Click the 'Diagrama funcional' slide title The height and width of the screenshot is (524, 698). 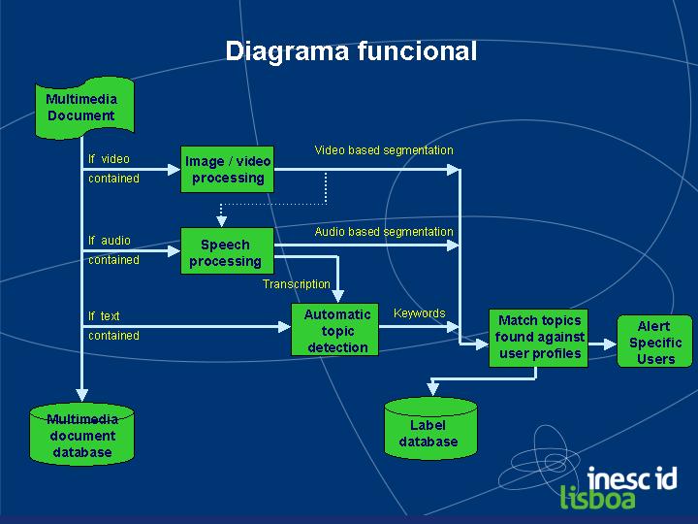[351, 51]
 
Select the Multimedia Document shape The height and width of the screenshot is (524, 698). [84, 108]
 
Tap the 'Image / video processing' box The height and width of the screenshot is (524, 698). [227, 169]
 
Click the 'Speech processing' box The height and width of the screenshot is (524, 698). [227, 251]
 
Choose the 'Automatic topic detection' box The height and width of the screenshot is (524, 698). [334, 330]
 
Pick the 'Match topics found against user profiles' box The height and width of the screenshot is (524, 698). [538, 338]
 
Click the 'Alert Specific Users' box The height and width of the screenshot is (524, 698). [654, 342]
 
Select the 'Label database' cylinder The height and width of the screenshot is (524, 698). [430, 428]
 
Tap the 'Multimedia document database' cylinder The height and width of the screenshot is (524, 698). [81, 434]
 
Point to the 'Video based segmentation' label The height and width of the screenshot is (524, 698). [384, 150]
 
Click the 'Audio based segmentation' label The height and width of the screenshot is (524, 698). [384, 232]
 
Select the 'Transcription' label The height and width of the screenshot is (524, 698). [296, 284]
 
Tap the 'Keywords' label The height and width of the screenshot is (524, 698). [420, 313]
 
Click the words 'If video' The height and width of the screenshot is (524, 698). [109, 159]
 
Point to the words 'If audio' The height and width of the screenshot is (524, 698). [109, 241]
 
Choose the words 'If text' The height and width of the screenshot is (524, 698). [104, 316]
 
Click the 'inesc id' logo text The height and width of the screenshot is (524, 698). [632, 478]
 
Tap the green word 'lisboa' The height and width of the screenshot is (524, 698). [597, 497]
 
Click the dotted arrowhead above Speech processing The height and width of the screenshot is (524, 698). [221, 221]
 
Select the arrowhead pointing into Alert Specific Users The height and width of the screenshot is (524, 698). [611, 344]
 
